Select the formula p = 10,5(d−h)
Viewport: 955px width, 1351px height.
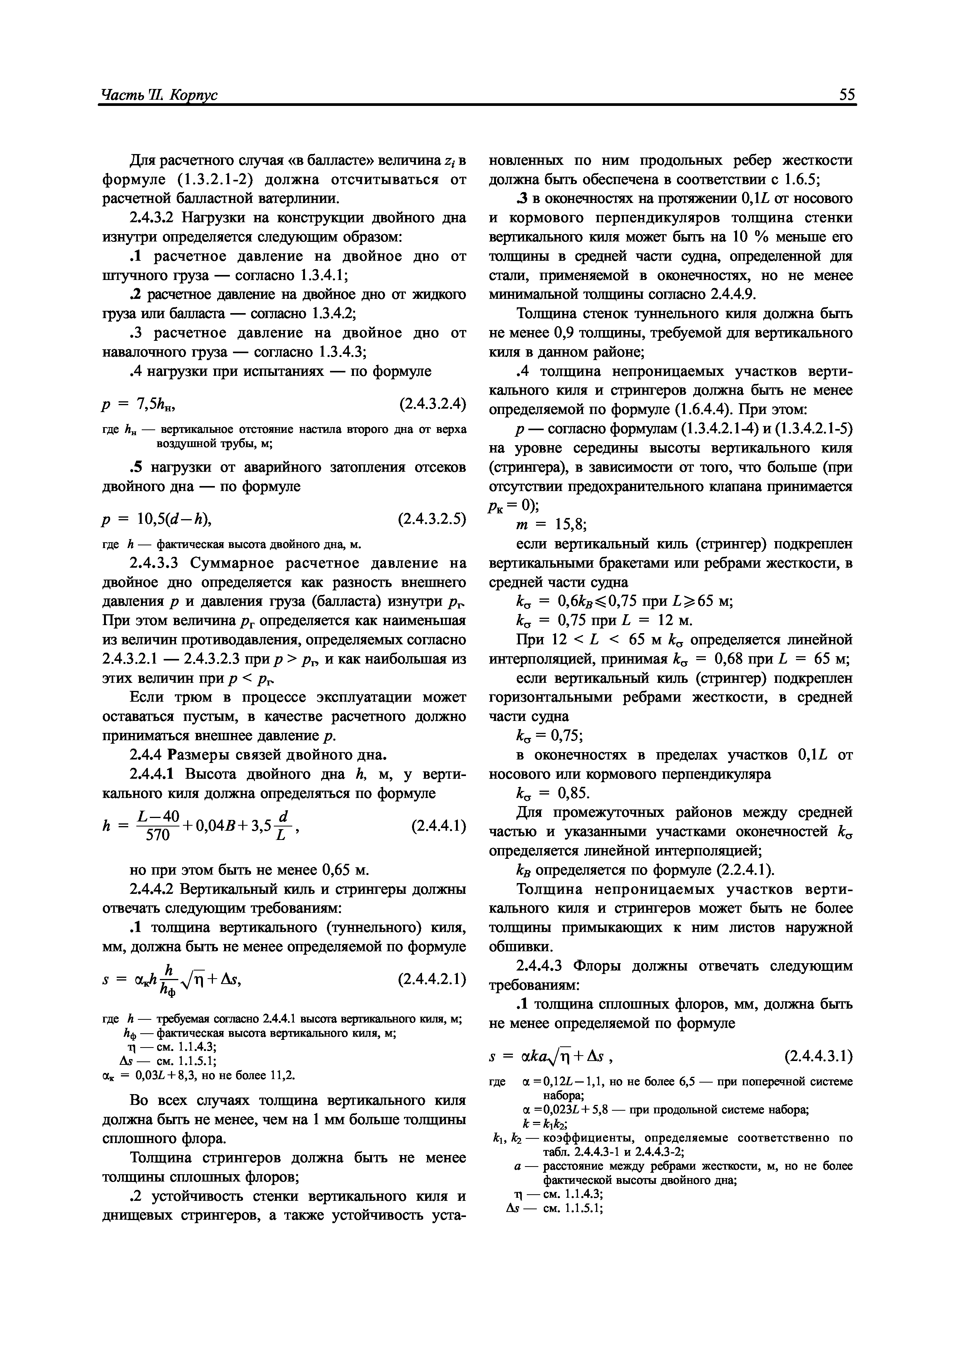pyautogui.click(x=156, y=519)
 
